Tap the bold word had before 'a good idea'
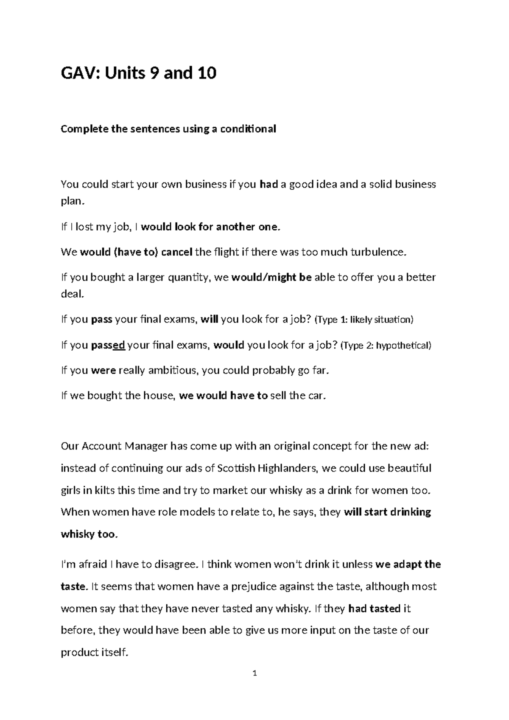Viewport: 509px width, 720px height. (268, 185)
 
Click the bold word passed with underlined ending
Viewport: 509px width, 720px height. (108, 345)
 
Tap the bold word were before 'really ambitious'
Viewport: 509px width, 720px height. (103, 371)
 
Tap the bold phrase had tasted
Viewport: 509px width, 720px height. (374, 609)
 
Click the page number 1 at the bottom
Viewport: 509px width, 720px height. (255, 673)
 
